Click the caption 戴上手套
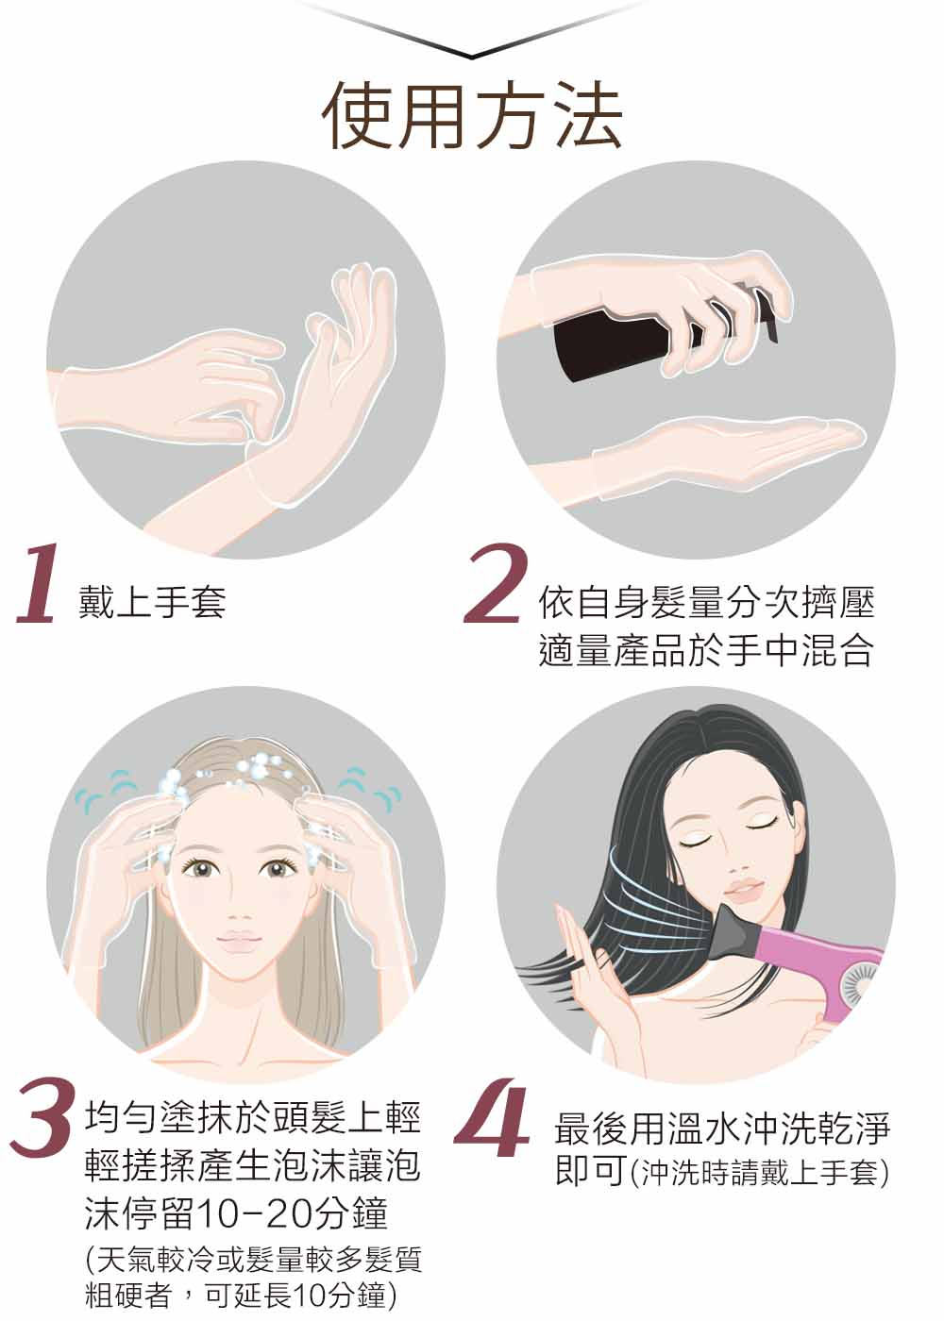tap(152, 602)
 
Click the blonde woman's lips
tap(238, 941)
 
